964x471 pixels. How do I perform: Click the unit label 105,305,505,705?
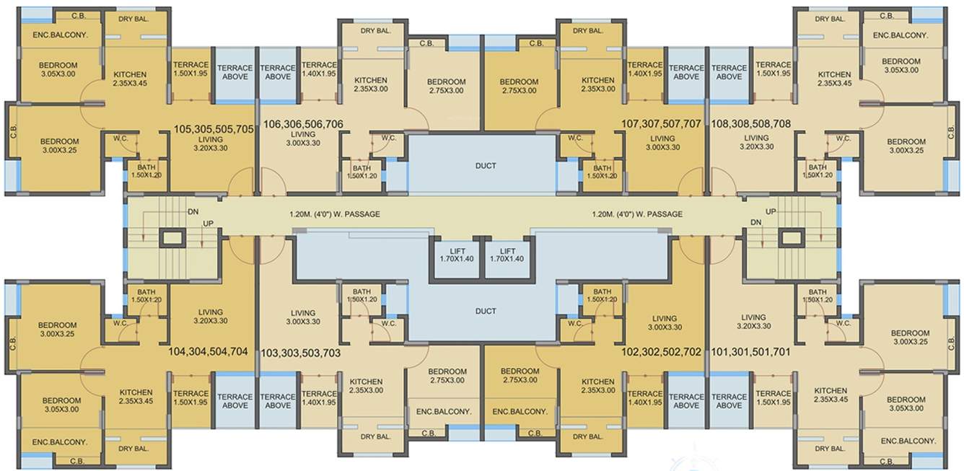click(x=214, y=129)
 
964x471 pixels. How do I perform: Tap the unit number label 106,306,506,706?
click(x=303, y=124)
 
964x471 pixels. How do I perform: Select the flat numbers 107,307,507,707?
click(x=661, y=124)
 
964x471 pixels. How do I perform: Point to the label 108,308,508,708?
click(x=751, y=124)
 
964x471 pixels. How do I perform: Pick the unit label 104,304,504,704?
click(x=208, y=352)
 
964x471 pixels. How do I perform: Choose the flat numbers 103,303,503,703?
click(x=301, y=353)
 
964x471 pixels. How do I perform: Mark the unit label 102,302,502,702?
click(x=661, y=353)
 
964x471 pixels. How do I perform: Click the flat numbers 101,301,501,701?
click(x=751, y=353)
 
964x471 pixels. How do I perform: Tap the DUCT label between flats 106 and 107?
click(x=486, y=166)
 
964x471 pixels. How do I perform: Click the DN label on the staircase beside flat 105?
click(x=193, y=212)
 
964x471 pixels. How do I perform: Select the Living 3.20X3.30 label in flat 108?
click(x=756, y=142)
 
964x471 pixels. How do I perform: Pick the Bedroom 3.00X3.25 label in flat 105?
click(x=59, y=146)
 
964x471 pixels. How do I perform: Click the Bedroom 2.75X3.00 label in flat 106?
click(x=446, y=86)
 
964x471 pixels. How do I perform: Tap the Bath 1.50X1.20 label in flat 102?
click(x=602, y=294)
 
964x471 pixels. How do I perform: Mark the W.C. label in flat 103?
click(x=389, y=324)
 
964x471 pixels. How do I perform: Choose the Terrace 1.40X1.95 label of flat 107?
click(x=645, y=69)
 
